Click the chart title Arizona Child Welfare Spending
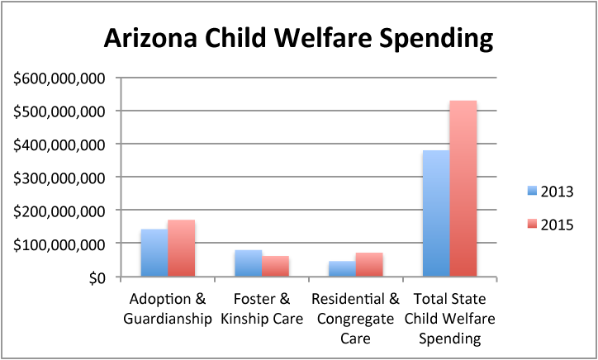pos(298,39)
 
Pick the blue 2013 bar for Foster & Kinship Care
pos(248,263)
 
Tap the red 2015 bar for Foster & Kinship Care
pos(275,267)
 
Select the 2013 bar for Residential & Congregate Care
pos(342,269)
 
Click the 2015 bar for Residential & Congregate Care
pos(369,265)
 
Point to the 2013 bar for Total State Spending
pos(436,213)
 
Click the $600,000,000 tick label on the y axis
pos(59,78)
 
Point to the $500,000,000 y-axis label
pos(59,111)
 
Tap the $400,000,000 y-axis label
pos(59,144)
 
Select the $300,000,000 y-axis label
pos(59,178)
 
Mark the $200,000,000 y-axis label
pos(59,211)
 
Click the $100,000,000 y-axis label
pos(59,244)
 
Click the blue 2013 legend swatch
pos(531,192)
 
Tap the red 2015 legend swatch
pos(531,225)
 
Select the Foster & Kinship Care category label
pos(262,307)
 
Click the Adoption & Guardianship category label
pos(168,307)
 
